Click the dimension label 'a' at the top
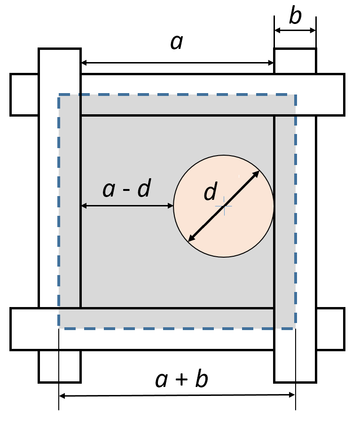176,42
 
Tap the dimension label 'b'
295,16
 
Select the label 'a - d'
126,189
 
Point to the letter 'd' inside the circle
211,193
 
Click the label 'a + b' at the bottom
181,380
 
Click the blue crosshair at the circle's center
224,206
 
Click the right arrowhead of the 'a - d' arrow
171,205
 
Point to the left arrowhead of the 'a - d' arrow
84,205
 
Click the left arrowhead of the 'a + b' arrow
62,396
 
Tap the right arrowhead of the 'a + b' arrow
292,396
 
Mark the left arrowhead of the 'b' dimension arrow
277,31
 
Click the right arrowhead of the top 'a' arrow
271,63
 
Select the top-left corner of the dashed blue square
59,95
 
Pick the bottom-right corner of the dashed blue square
295,328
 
